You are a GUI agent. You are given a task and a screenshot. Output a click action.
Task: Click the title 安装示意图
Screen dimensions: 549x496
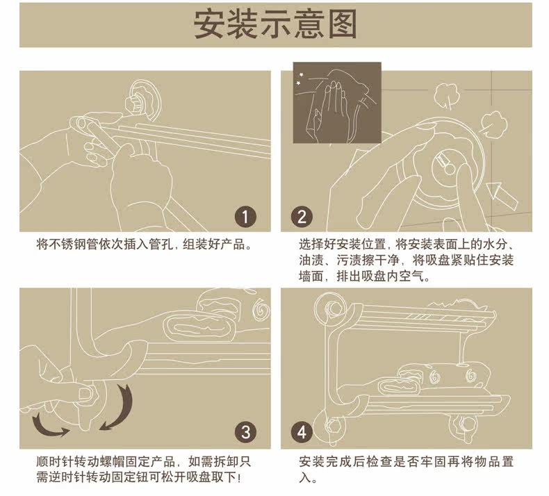[275, 24]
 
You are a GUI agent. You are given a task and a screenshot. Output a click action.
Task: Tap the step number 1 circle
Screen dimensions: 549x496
[245, 216]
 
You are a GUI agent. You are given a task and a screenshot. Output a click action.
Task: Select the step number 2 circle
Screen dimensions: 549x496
[302, 216]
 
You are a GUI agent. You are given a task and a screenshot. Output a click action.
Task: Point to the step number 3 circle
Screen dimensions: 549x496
[245, 432]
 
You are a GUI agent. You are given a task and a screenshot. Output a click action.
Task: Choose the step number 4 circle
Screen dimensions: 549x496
[302, 432]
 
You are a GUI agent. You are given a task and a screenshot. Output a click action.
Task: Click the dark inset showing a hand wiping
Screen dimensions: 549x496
[337, 103]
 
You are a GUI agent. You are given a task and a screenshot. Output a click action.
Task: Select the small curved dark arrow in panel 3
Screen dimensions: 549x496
[49, 426]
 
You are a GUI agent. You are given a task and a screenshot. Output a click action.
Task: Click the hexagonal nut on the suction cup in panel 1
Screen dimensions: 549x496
[133, 104]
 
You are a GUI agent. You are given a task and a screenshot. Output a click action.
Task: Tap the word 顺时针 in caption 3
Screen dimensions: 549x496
[54, 461]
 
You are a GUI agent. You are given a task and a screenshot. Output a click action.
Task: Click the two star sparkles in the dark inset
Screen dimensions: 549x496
[300, 78]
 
